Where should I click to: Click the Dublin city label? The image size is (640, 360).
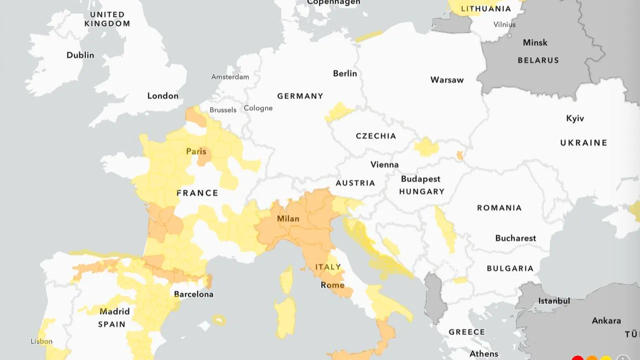pos(80,55)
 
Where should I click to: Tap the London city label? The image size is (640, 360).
pos(162,95)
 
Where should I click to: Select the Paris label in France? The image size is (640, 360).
pos(196,151)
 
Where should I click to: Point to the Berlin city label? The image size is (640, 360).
pos(345,73)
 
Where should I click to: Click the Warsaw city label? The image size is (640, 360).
pos(447,79)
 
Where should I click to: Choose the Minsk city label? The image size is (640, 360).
pos(535,42)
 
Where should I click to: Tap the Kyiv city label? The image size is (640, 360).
pos(575,118)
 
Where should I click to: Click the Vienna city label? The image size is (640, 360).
pos(384,164)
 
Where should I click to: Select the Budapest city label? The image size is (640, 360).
pos(420,179)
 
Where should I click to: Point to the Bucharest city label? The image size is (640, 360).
pos(515,238)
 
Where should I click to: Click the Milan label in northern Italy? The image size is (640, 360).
pos(288,218)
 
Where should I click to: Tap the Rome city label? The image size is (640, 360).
pos(332,285)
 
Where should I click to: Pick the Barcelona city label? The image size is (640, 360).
pos(193,294)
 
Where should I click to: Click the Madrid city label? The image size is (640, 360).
pos(114,311)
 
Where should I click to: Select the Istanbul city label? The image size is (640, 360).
pos(554,301)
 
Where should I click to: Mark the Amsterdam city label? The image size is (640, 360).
pos(230,77)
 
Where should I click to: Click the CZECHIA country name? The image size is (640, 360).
pos(376,136)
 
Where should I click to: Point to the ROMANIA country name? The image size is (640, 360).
pos(499,207)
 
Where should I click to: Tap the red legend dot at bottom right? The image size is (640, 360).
pos(577,358)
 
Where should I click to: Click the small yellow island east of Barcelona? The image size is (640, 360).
pos(218,319)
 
